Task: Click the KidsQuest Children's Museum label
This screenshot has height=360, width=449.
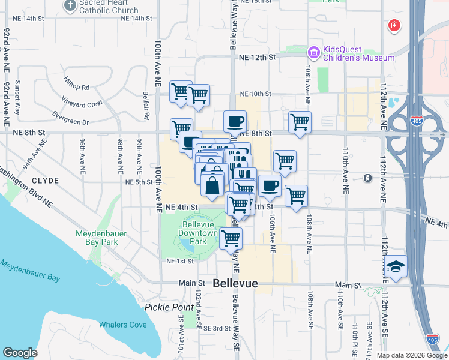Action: (x=359, y=53)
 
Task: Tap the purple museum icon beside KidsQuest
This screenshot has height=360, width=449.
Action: (x=313, y=53)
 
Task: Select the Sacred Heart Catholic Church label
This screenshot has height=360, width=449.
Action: (x=108, y=7)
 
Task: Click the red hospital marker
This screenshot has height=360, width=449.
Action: (x=394, y=26)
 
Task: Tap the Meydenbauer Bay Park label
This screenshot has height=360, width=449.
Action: (x=97, y=238)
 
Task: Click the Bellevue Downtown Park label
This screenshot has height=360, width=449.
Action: (x=199, y=233)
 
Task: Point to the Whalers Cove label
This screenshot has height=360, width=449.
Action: (x=122, y=325)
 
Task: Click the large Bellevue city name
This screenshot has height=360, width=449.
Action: (x=235, y=283)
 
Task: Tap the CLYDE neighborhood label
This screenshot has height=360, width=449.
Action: (x=45, y=181)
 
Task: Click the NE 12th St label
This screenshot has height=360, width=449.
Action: (x=256, y=58)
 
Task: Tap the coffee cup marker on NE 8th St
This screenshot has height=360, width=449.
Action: (x=235, y=122)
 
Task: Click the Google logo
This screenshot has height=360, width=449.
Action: (x=20, y=353)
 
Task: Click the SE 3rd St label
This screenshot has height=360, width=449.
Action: (x=217, y=328)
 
